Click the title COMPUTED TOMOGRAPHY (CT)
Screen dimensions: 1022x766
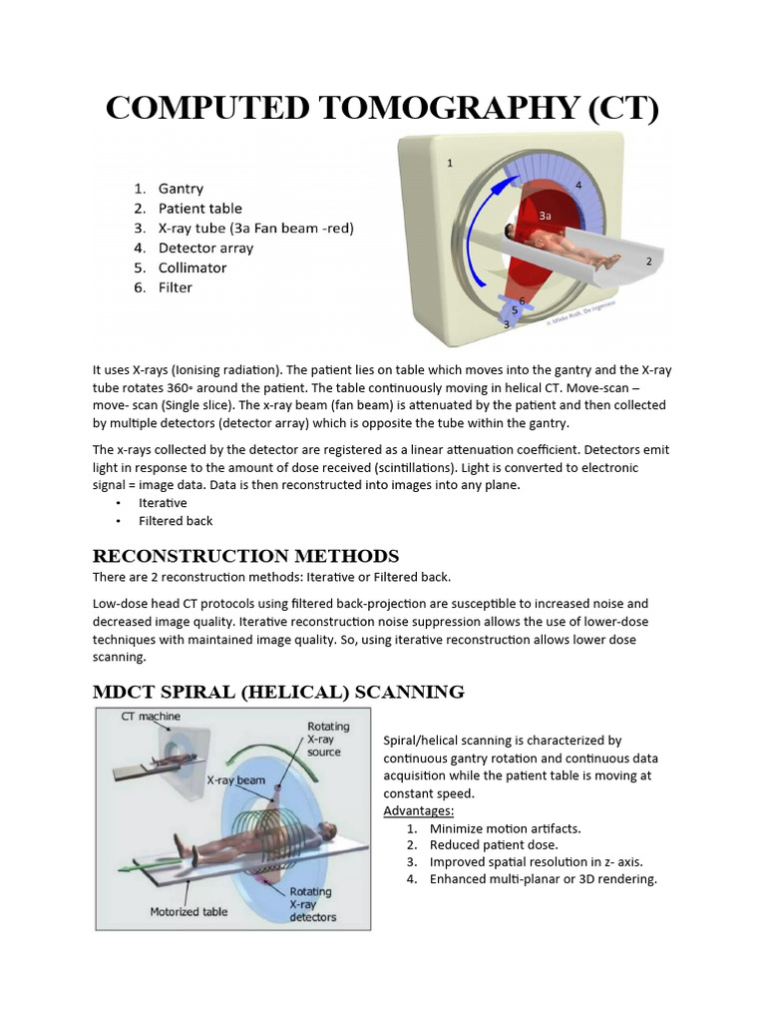(383, 107)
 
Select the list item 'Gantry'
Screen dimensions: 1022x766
(181, 188)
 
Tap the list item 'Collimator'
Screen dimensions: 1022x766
(191, 267)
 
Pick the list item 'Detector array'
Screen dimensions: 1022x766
(205, 248)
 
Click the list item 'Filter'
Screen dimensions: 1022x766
(176, 287)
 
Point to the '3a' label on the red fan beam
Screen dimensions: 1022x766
(545, 216)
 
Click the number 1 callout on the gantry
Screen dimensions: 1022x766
(450, 163)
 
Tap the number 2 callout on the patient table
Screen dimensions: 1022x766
(648, 261)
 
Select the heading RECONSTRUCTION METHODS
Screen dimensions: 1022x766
(245, 556)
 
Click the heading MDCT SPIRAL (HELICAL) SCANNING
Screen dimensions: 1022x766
(278, 691)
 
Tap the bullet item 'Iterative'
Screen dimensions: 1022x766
(163, 503)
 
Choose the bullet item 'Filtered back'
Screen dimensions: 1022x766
(176, 521)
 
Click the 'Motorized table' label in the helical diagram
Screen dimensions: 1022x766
(189, 911)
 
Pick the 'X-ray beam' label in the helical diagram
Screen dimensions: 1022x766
(235, 780)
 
